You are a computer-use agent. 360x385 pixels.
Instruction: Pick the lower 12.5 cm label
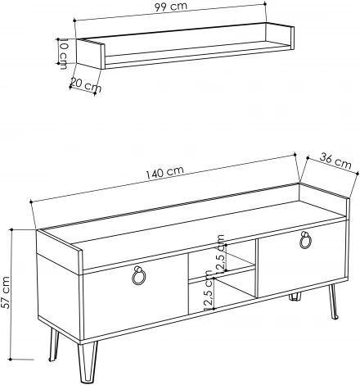click(207, 297)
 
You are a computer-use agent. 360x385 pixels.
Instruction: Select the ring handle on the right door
click(305, 239)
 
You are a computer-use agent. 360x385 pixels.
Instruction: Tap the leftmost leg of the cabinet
click(54, 343)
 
